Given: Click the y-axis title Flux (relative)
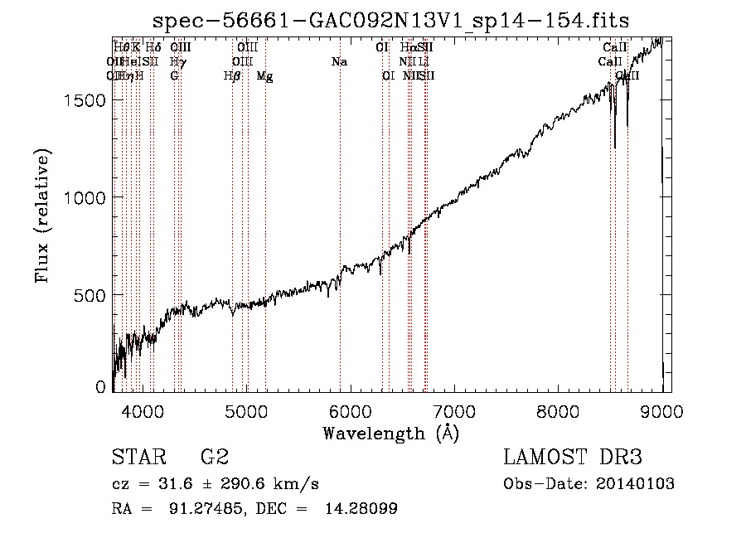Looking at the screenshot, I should click(42, 216).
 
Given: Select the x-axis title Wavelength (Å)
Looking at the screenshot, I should click(390, 433).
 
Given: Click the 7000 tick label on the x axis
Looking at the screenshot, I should click(454, 410).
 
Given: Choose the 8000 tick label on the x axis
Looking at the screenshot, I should click(559, 410).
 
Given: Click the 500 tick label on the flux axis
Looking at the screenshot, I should click(89, 295).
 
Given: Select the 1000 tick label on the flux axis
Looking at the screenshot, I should click(84, 197).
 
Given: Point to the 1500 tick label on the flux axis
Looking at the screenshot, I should click(84, 99).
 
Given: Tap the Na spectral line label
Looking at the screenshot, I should click(338, 62).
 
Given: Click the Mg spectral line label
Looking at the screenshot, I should click(264, 76).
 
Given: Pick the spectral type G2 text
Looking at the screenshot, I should click(215, 458).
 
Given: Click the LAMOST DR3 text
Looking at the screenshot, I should click(574, 458).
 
